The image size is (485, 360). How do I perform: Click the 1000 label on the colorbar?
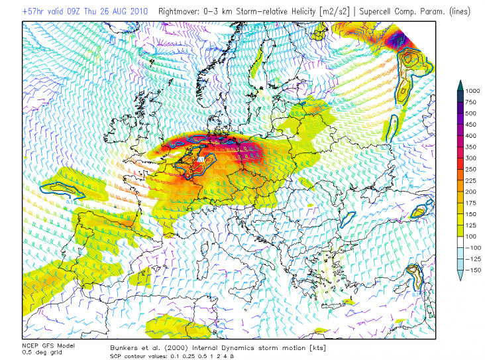[x=472, y=90]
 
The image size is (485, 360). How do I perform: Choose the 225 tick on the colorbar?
[x=471, y=180]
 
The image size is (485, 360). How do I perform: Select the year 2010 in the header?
[x=143, y=11]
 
